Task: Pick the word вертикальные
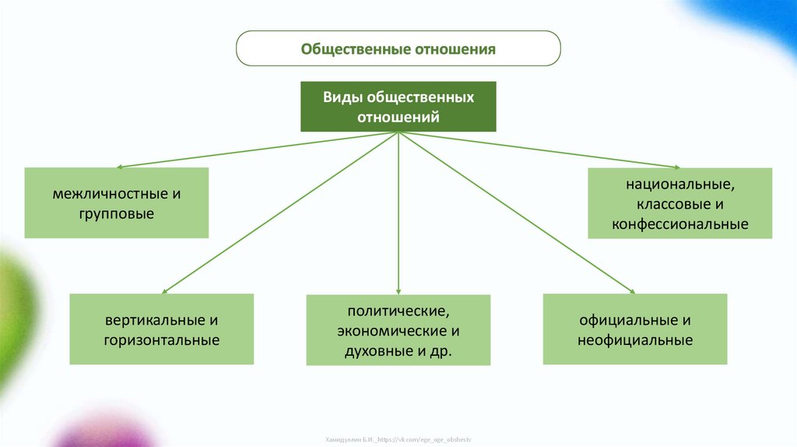(x=153, y=320)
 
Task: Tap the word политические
(x=398, y=311)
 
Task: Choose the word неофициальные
(x=635, y=340)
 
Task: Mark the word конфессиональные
(x=679, y=225)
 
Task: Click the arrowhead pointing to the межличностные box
(x=120, y=167)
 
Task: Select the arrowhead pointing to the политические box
(x=398, y=291)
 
